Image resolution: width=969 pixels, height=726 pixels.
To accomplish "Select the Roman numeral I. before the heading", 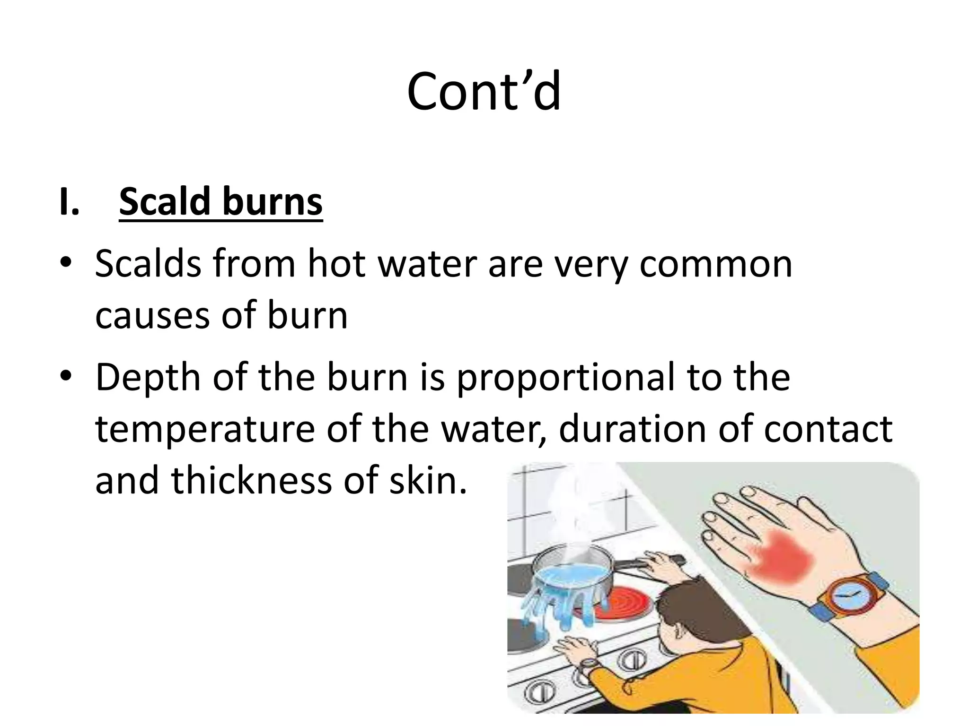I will tap(69, 202).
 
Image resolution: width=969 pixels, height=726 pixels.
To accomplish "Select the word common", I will tap(715, 265).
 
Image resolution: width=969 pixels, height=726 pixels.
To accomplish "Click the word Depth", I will tap(148, 378).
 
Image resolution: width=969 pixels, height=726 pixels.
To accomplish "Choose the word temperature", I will tap(205, 429).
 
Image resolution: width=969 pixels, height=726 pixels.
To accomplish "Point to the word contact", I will tap(828, 429).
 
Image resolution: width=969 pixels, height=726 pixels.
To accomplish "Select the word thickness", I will tap(251, 481).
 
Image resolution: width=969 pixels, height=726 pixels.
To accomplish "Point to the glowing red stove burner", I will tap(625, 605).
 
